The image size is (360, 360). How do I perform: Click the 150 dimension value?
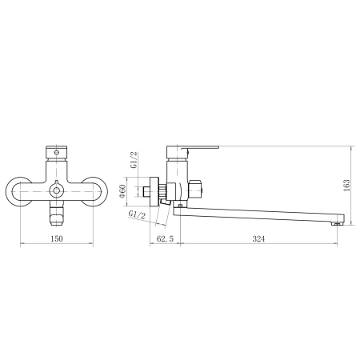(x=57, y=238)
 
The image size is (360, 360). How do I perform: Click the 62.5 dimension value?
(x=165, y=238)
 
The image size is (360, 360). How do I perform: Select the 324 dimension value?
(x=258, y=238)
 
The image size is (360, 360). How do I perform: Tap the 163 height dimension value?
(x=346, y=185)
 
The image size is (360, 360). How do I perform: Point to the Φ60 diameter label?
(x=122, y=191)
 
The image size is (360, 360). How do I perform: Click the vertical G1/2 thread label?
(x=134, y=159)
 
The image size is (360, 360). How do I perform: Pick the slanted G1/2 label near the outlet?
(x=137, y=214)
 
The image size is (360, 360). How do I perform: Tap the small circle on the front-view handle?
(x=56, y=153)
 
